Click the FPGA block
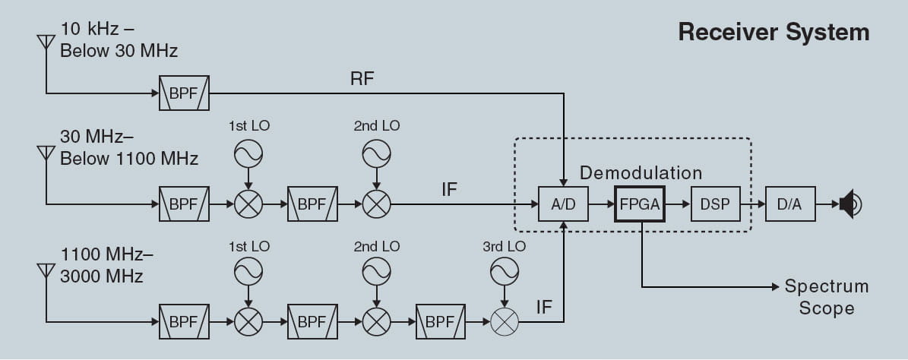click(x=640, y=204)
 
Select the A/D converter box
click(x=563, y=204)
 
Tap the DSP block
click(x=715, y=204)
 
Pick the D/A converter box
click(x=789, y=204)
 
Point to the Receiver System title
click(x=774, y=33)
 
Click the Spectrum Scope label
click(x=826, y=297)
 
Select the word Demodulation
click(x=641, y=173)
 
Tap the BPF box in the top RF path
click(x=184, y=93)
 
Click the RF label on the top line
click(x=362, y=78)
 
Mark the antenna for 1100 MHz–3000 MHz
click(x=46, y=270)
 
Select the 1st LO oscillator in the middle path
click(x=248, y=155)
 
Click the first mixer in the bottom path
click(x=248, y=321)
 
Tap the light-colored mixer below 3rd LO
click(x=504, y=321)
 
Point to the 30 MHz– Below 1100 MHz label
click(x=128, y=148)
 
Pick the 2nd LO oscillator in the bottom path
click(x=376, y=270)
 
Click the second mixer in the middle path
click(x=376, y=204)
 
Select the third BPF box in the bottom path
click(x=440, y=321)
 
